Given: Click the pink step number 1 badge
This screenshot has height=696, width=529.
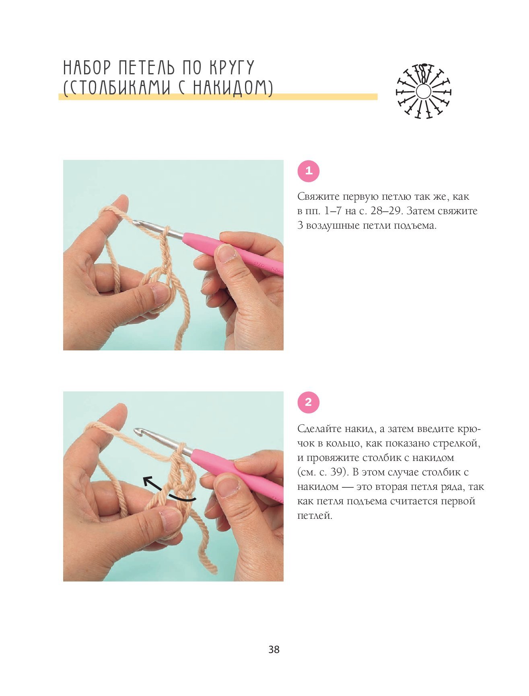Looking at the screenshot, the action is point(308,171).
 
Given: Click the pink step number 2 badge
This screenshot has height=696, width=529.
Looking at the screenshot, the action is point(308,402).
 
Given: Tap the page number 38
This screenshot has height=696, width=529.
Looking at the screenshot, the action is point(274,649).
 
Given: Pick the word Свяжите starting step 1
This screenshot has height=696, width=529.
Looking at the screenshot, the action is point(318,197).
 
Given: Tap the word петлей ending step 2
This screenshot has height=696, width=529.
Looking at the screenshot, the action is point(315,516).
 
